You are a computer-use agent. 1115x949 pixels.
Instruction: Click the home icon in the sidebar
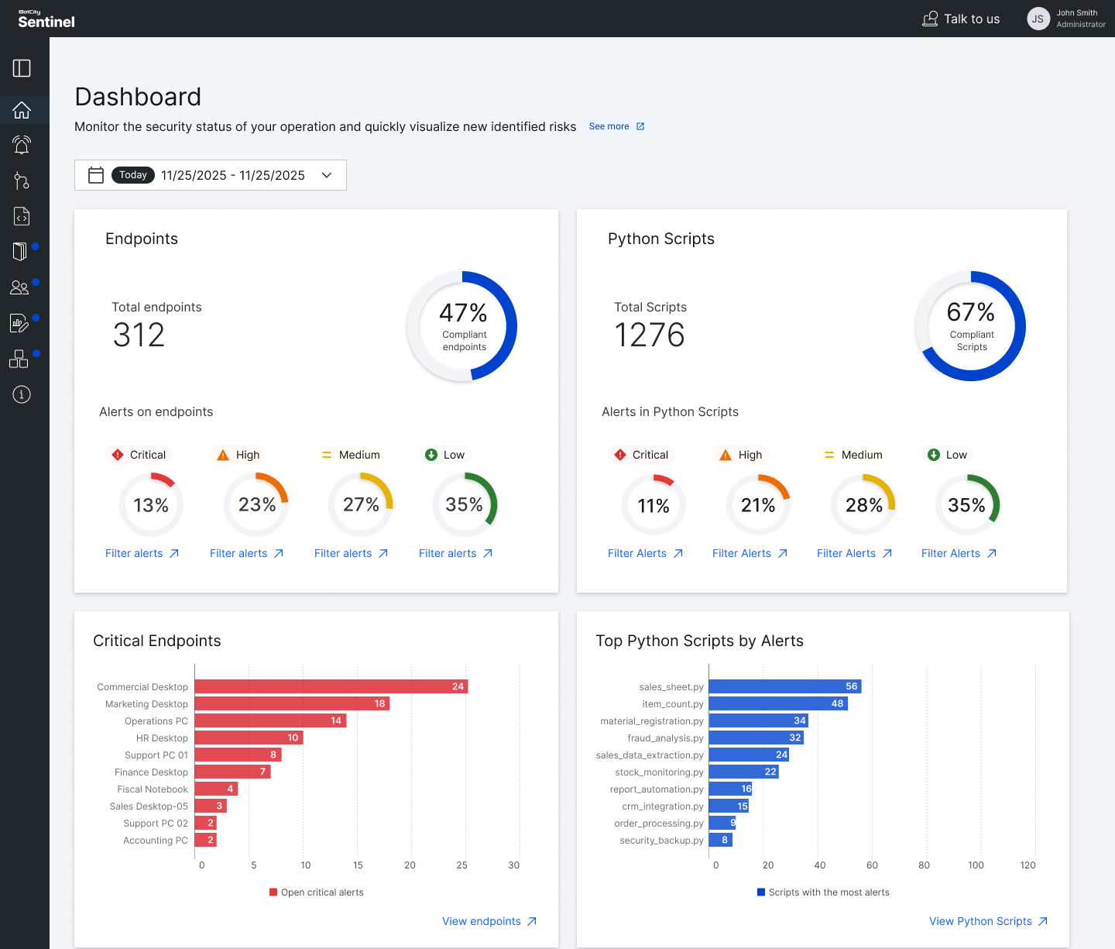22,110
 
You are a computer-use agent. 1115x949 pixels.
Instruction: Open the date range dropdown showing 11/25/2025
211,175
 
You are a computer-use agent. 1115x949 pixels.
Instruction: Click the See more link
616,126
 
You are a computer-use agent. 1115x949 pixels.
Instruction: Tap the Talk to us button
961,19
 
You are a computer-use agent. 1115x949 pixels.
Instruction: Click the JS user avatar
1038,19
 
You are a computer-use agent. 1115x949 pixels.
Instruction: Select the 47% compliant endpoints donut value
463,313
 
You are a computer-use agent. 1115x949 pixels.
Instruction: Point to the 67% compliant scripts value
970,312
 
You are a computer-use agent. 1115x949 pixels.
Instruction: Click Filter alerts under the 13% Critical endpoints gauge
142,553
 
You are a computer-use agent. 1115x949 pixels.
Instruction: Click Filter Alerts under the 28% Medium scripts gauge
854,553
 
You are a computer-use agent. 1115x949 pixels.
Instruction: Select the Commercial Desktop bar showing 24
331,686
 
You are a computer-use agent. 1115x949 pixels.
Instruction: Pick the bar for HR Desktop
249,738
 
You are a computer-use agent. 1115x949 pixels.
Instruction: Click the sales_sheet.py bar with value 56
784,686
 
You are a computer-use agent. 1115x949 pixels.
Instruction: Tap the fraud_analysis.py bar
756,738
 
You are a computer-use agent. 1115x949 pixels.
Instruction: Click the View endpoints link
489,921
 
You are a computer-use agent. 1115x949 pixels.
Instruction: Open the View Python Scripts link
987,921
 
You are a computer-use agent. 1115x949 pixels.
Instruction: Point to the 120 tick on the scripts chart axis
1028,865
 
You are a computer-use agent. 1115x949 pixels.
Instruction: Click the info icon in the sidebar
22,394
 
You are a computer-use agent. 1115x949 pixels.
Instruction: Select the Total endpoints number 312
139,335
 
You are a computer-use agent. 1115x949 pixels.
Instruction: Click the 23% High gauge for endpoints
256,505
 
